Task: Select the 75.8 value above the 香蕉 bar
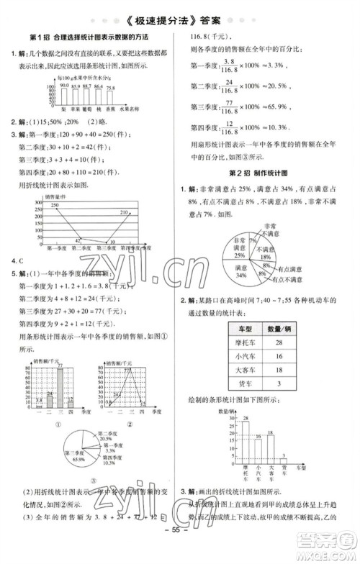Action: [110, 87]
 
